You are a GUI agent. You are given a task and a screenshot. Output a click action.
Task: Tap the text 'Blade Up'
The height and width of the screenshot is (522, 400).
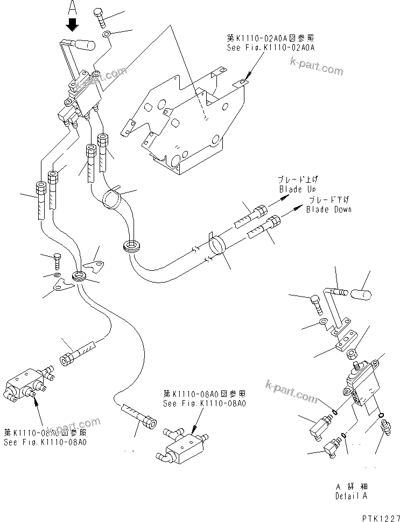297,190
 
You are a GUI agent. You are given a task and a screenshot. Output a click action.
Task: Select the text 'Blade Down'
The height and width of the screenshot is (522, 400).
328,209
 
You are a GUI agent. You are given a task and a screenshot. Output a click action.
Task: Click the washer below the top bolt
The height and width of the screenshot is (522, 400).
107,36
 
